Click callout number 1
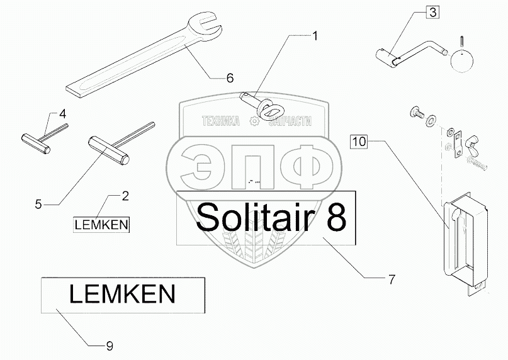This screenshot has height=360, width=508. coord(315,36)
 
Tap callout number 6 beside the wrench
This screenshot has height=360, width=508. coord(230,78)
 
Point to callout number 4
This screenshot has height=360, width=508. coord(62,114)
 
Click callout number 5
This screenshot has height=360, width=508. coord(38,204)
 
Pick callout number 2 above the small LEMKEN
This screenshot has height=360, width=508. coord(125,196)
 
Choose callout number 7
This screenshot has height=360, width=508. coord(391,279)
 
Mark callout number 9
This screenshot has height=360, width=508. coord(110,345)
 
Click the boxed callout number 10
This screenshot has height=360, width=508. coord(358,142)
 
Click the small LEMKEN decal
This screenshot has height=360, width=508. coord(101,223)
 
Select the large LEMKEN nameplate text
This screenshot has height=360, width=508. coord(122,294)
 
